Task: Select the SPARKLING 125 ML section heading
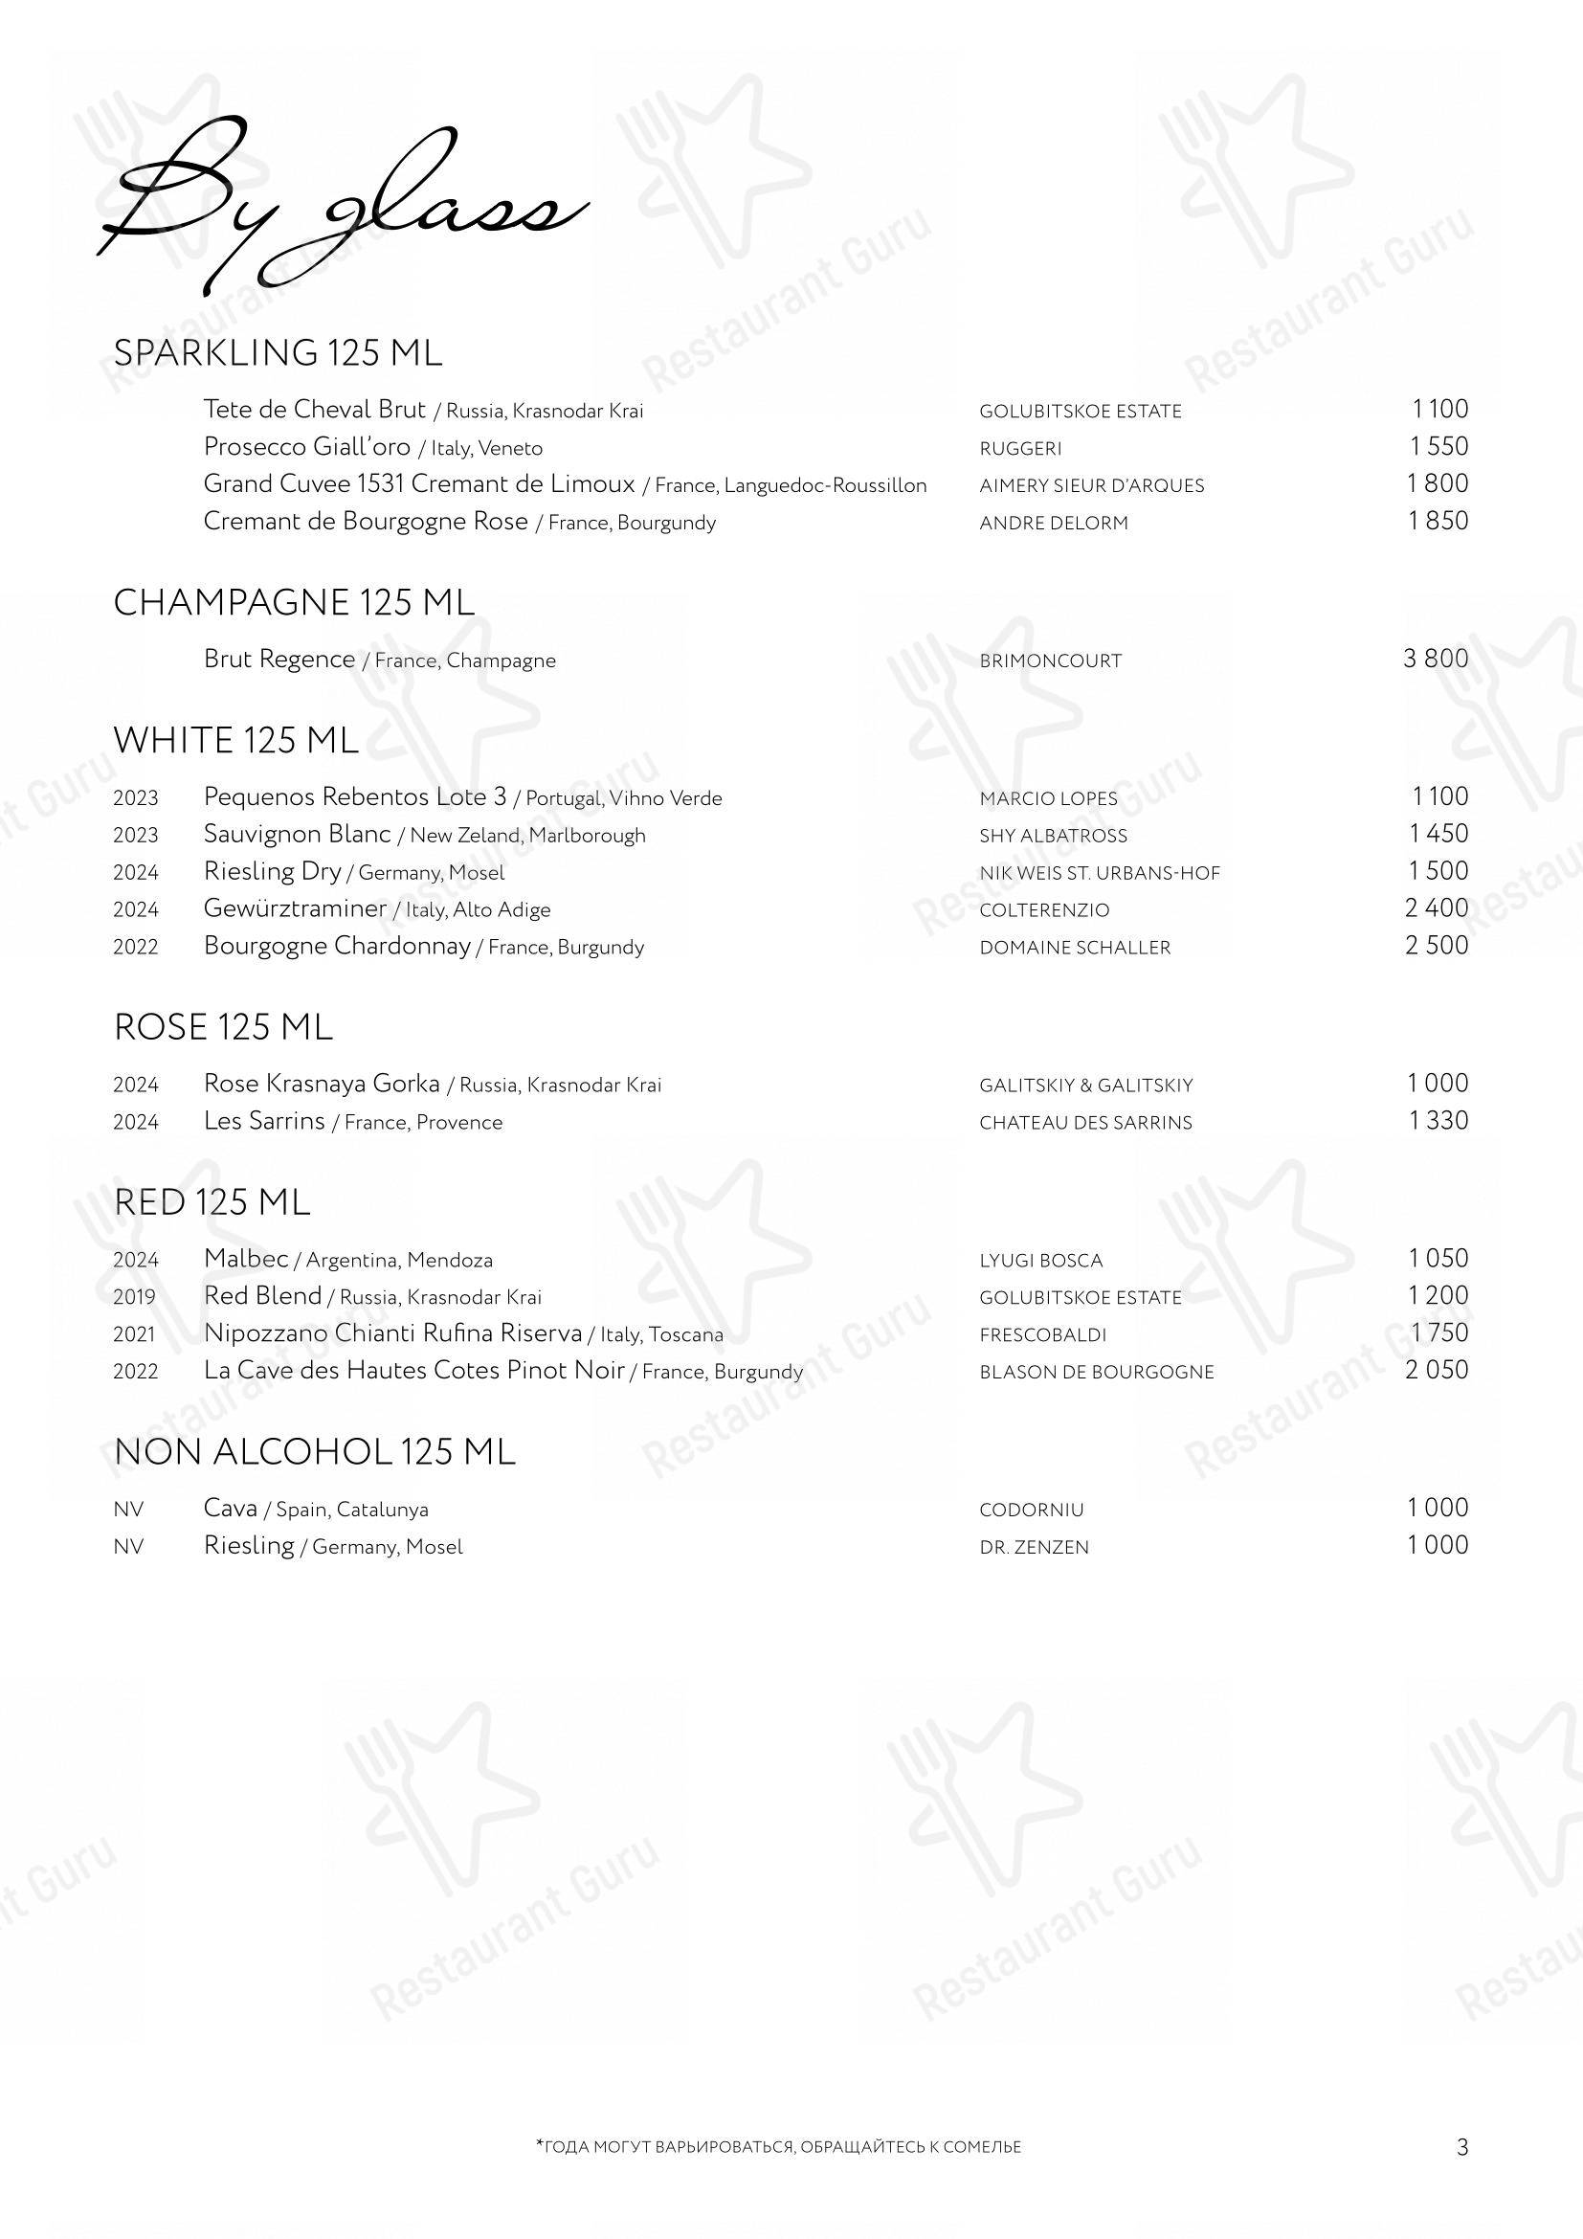tap(278, 353)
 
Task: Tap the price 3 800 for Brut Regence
tap(1435, 660)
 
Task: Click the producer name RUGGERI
tap(1020, 449)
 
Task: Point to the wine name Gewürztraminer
tap(296, 908)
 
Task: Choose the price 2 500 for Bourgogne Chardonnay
tap(1436, 946)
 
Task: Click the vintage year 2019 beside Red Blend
tap(135, 1298)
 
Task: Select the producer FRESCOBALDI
tap(1043, 1335)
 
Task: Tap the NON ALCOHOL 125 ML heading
tap(314, 1453)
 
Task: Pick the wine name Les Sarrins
tap(264, 1122)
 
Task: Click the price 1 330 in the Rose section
tap(1438, 1122)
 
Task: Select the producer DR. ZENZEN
tap(1035, 1548)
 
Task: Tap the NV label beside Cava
tap(127, 1511)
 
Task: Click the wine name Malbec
tap(246, 1259)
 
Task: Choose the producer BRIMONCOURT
tap(1051, 661)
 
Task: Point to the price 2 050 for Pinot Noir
tap(1436, 1371)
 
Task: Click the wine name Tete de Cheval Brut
tap(315, 410)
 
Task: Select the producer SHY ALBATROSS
tap(1053, 836)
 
